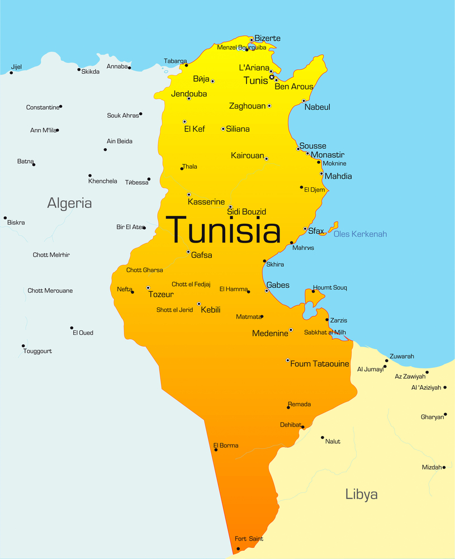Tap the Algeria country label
click(x=69, y=203)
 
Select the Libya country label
click(x=361, y=494)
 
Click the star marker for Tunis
click(x=272, y=77)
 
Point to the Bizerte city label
click(x=267, y=39)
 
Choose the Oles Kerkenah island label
click(x=360, y=234)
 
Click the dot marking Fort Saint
click(x=238, y=548)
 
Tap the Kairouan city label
click(x=247, y=155)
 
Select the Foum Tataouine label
click(x=319, y=364)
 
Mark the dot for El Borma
click(x=216, y=450)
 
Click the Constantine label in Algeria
click(x=42, y=107)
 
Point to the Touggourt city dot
click(x=23, y=346)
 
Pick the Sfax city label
click(x=316, y=231)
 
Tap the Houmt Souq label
click(x=330, y=288)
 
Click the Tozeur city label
click(x=160, y=295)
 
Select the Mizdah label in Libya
click(x=432, y=467)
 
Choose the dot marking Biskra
click(x=5, y=218)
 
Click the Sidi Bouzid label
click(x=247, y=212)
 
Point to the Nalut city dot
click(x=323, y=438)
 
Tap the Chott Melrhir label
click(x=51, y=255)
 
